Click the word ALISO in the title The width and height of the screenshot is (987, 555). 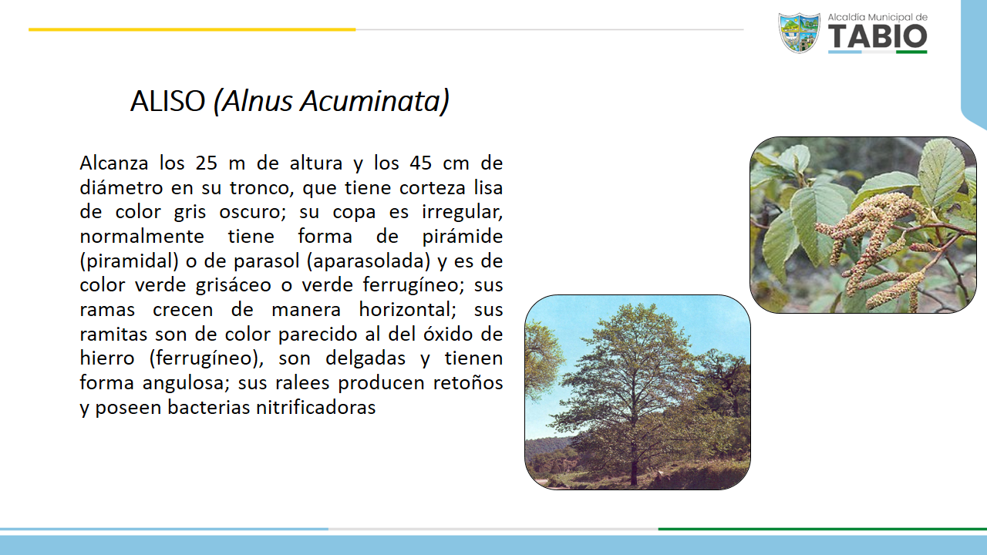pyautogui.click(x=168, y=101)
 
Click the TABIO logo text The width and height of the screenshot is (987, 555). pyautogui.click(x=878, y=36)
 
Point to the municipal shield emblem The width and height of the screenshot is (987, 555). pyautogui.click(x=800, y=33)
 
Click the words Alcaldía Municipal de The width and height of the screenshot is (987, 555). pyautogui.click(x=878, y=17)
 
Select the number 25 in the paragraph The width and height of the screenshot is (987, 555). pyautogui.click(x=207, y=163)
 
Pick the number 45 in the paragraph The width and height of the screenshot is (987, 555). pyautogui.click(x=421, y=163)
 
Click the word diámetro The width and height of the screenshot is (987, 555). pyautogui.click(x=121, y=187)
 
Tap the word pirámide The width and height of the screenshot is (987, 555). pyautogui.click(x=462, y=237)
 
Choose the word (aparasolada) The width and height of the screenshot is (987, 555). pyautogui.click(x=369, y=261)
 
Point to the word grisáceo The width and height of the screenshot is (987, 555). pyautogui.click(x=233, y=285)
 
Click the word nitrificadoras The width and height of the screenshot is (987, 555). pyautogui.click(x=316, y=407)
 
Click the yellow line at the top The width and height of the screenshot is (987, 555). pyautogui.click(x=192, y=29)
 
